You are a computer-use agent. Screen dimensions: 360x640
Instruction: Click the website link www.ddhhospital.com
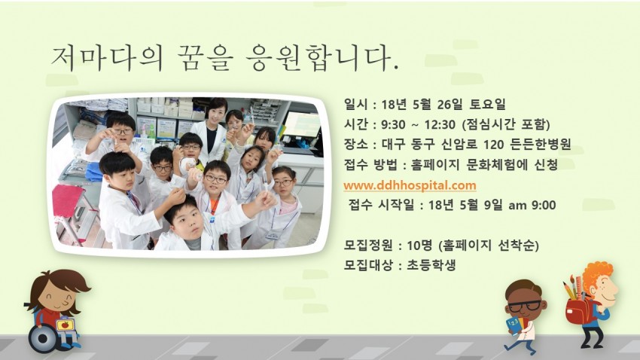coord(410,185)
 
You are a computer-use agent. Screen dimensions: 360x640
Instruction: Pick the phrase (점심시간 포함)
coord(507,124)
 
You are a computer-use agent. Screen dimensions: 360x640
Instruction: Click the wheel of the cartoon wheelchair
coord(43,337)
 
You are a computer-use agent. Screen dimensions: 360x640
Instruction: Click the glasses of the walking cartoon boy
coord(524,305)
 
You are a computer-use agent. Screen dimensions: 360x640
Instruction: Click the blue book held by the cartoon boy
coord(515,325)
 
